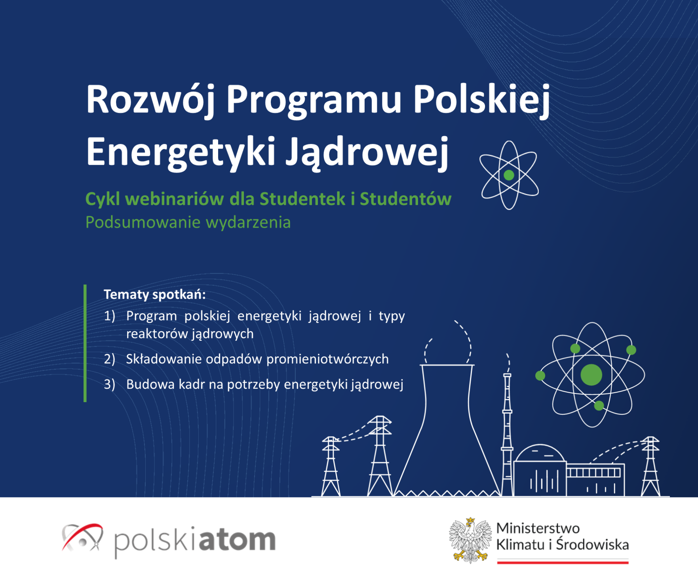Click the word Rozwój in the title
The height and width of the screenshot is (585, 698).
(x=150, y=101)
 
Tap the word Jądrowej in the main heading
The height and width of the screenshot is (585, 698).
(x=367, y=153)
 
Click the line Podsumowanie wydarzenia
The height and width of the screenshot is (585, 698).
(x=188, y=222)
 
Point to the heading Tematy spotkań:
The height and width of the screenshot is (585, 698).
(x=155, y=294)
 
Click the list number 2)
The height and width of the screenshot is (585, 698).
(x=110, y=359)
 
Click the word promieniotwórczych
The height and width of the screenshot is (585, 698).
(x=327, y=359)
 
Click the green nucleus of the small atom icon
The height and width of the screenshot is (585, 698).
(x=509, y=175)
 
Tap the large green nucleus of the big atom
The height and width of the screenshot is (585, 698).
(x=591, y=375)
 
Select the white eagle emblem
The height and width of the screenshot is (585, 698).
(x=470, y=540)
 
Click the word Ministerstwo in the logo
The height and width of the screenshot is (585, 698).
(x=538, y=528)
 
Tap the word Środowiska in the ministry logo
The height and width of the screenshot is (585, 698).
(x=592, y=545)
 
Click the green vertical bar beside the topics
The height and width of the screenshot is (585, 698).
(x=85, y=343)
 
